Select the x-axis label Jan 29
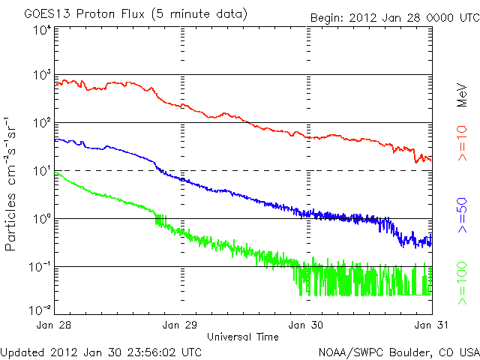[181, 325]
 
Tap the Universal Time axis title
[243, 337]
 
